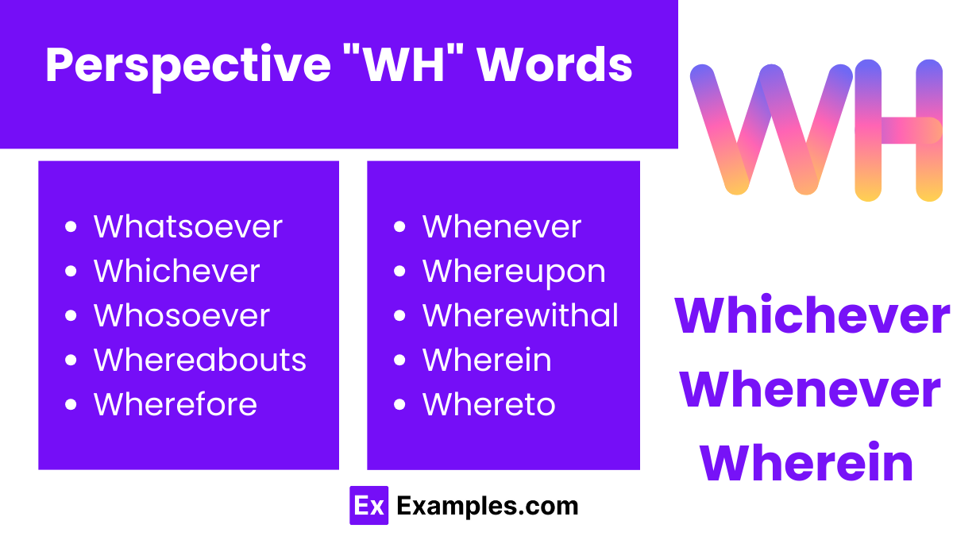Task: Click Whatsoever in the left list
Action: [x=187, y=227]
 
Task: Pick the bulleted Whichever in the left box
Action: [x=176, y=272]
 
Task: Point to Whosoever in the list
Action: [x=182, y=316]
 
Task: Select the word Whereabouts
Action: [x=199, y=361]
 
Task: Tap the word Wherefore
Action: [x=175, y=405]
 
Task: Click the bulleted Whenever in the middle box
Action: [x=501, y=227]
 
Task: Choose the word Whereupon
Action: [x=514, y=272]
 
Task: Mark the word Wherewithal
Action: [x=520, y=316]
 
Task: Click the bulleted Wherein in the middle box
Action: [x=486, y=361]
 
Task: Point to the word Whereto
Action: [x=488, y=405]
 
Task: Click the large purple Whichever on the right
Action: [x=812, y=316]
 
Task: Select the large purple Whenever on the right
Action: [x=810, y=390]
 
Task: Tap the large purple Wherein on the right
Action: [x=806, y=464]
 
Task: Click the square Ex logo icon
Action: [x=368, y=506]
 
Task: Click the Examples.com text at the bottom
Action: [x=487, y=506]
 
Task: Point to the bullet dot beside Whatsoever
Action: [x=71, y=228]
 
